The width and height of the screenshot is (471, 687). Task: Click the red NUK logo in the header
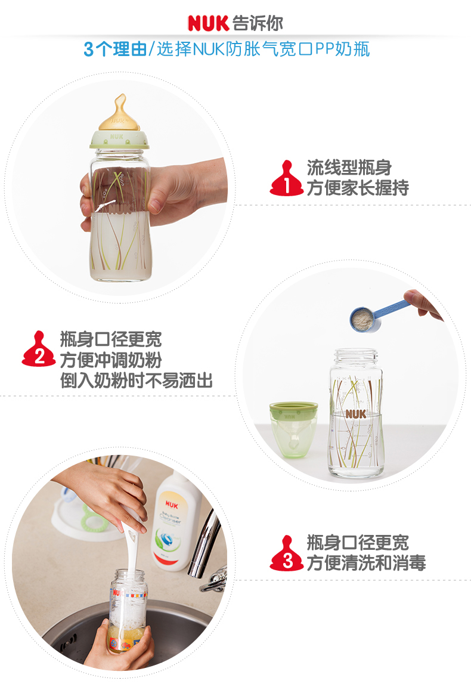pyautogui.click(x=208, y=23)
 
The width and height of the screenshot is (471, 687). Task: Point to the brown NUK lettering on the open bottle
pyautogui.click(x=356, y=414)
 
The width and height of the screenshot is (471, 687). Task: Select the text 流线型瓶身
pyautogui.click(x=349, y=168)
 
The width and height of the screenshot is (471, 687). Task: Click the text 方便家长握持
pyautogui.click(x=358, y=188)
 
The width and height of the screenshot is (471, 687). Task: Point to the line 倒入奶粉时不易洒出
pyautogui.click(x=137, y=380)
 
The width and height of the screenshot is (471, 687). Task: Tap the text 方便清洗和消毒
pyautogui.click(x=366, y=563)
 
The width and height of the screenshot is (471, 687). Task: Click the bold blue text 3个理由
pyautogui.click(x=115, y=49)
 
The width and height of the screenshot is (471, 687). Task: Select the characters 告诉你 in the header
pyautogui.click(x=258, y=23)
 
